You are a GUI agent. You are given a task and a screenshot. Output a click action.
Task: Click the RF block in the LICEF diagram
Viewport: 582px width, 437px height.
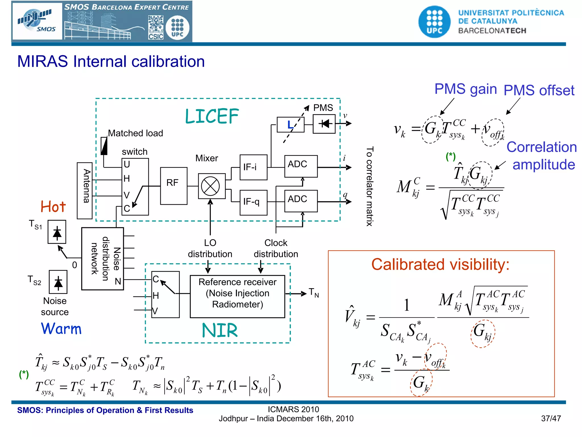pyautogui.click(x=174, y=186)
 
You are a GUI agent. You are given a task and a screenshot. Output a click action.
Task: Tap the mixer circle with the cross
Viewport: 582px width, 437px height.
pyautogui.click(x=210, y=186)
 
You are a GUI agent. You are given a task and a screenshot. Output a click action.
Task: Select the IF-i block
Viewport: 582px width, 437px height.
pyautogui.click(x=253, y=167)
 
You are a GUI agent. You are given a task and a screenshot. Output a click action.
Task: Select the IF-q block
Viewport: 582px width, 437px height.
pyautogui.click(x=253, y=202)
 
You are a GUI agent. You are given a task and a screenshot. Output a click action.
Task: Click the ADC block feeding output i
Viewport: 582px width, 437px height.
pyautogui.click(x=301, y=166)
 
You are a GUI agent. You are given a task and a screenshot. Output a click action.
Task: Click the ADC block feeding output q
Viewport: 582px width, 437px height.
pyautogui.click(x=301, y=201)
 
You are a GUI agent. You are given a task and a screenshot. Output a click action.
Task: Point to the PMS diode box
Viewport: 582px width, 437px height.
pyautogui.click(x=324, y=124)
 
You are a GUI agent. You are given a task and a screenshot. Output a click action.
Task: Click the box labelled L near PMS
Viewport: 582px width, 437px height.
pyautogui.click(x=290, y=125)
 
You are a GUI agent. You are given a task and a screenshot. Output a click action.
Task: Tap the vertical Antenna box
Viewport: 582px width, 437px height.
pyautogui.click(x=85, y=190)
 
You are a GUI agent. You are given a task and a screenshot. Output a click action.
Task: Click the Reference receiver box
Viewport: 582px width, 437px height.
pyautogui.click(x=237, y=296)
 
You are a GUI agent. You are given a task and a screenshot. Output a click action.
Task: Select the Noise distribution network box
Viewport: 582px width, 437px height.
pyautogui.click(x=103, y=259)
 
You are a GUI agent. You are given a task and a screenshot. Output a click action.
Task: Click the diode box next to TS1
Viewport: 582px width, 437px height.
pyautogui.click(x=57, y=232)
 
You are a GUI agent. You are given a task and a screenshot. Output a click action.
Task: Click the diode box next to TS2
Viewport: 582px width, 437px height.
pyautogui.click(x=58, y=282)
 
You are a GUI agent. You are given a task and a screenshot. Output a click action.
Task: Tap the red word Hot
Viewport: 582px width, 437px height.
pyautogui.click(x=53, y=207)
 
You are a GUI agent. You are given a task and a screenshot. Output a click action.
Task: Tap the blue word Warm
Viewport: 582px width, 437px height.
pyautogui.click(x=61, y=329)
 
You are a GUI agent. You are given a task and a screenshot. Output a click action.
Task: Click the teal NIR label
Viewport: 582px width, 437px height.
pyautogui.click(x=219, y=331)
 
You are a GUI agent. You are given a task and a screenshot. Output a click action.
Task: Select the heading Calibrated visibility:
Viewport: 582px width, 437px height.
pyautogui.click(x=440, y=264)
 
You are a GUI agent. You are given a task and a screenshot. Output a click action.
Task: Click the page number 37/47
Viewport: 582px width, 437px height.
pyautogui.click(x=551, y=419)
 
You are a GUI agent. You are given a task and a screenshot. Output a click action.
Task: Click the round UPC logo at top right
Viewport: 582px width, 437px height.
pyautogui.click(x=434, y=22)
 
